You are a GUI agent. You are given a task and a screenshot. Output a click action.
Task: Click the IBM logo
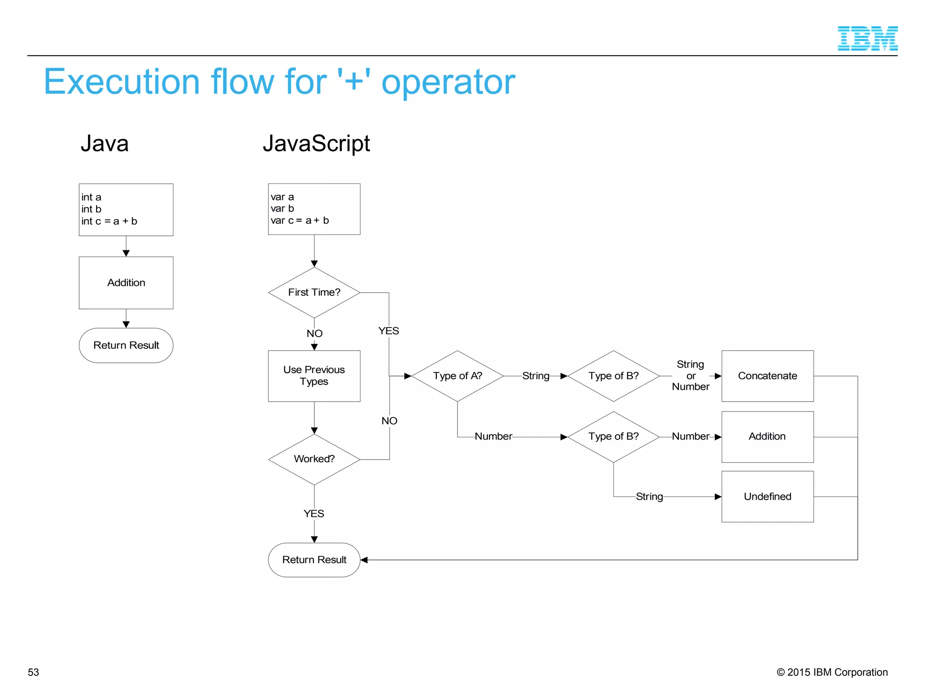(x=867, y=38)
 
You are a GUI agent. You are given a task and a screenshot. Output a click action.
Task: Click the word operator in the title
(x=448, y=82)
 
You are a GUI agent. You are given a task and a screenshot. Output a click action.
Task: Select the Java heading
(x=104, y=144)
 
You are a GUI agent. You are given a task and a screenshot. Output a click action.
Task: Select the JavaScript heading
(x=316, y=144)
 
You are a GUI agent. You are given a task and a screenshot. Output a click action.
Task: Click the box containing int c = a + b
(x=126, y=210)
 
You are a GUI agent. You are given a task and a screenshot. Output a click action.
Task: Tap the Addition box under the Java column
(x=126, y=283)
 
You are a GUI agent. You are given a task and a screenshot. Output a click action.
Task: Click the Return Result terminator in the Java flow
(x=126, y=345)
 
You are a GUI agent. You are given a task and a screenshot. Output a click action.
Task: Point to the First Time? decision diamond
(x=314, y=292)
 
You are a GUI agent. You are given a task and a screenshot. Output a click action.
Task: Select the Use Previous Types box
(x=314, y=375)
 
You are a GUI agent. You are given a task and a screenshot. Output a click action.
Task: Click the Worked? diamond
(x=314, y=459)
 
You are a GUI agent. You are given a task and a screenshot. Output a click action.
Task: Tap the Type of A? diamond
(x=458, y=376)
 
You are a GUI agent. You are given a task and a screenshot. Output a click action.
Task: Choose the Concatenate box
(x=767, y=376)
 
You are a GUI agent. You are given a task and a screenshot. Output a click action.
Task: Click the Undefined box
(x=767, y=497)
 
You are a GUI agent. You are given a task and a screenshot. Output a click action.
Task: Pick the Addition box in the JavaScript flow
(x=767, y=436)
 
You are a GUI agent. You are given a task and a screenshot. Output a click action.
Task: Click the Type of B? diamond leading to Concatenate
(x=613, y=376)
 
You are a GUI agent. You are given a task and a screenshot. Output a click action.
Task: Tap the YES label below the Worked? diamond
(x=314, y=514)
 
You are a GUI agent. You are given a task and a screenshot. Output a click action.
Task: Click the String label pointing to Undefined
(x=649, y=497)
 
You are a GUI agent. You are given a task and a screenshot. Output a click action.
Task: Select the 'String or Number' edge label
(x=691, y=375)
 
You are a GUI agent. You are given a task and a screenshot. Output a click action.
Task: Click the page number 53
(x=33, y=672)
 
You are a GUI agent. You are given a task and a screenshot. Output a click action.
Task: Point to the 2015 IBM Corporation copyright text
(x=832, y=672)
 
